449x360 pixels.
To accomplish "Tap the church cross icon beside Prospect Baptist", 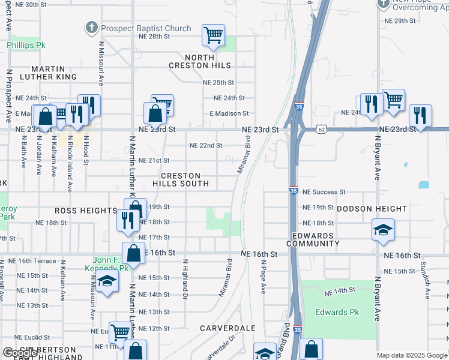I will coord(91,28).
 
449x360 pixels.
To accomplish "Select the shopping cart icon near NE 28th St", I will coord(213,35).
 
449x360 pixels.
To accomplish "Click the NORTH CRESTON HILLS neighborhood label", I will coord(200,61).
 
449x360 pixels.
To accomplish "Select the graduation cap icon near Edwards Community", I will coord(383,230).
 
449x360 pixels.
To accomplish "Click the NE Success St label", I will coord(324,192).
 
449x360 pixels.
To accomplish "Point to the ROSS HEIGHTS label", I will coord(85,211).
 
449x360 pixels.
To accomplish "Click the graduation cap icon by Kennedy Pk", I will coord(107,281).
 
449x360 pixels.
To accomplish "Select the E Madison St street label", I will coord(229,113).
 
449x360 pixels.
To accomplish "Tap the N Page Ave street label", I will coord(263,281).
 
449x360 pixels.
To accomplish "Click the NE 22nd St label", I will coord(206,145).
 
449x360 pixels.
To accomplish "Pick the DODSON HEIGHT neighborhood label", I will coord(372,209).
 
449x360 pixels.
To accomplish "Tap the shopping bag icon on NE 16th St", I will coord(133,253).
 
